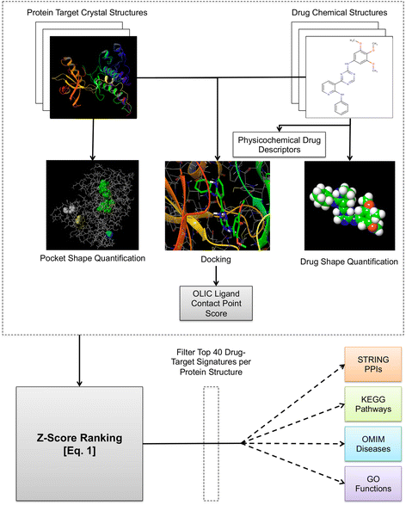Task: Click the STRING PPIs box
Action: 372,364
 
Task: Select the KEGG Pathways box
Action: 372,404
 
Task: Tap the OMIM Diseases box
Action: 372,444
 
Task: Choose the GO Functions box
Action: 372,483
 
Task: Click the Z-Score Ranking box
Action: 79,443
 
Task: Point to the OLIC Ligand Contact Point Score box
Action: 216,303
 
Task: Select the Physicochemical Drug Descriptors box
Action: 280,145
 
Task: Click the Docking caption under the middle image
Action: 216,259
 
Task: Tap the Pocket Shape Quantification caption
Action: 92,258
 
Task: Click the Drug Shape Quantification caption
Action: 349,262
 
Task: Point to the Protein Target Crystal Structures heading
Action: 87,13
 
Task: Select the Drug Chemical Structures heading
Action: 340,13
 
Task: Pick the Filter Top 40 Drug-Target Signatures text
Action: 211,362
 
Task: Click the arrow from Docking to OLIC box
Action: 216,275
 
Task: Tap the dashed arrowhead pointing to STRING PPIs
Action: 342,366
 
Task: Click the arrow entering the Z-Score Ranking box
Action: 79,360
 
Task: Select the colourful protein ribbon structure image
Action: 94,77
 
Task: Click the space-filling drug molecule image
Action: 349,206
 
